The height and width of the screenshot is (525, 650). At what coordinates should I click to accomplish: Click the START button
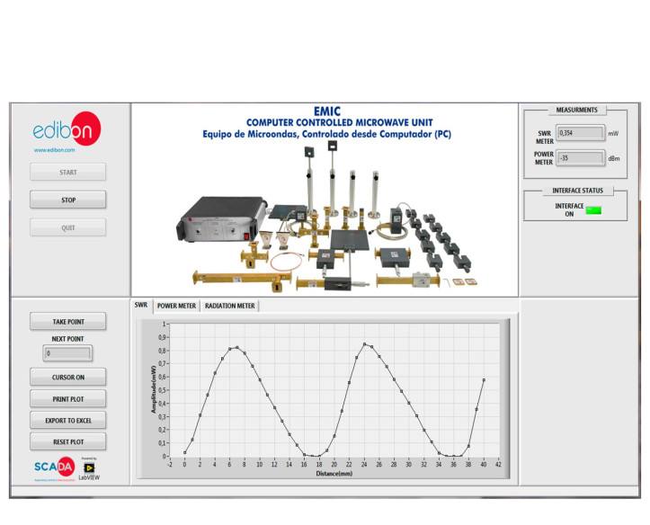coord(68,172)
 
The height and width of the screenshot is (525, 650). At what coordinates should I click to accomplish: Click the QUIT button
coord(68,227)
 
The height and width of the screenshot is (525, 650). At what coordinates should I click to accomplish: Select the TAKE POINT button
coord(68,321)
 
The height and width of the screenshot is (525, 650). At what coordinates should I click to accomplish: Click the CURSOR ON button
coord(68,377)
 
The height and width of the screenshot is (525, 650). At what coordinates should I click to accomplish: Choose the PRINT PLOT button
coord(68,398)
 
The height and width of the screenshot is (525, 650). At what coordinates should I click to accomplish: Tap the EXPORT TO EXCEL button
coord(68,420)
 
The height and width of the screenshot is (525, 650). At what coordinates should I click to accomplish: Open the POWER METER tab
coord(176,306)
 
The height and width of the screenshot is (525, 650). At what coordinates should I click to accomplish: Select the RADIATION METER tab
coord(230,306)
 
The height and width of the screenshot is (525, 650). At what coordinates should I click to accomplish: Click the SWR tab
coord(141,305)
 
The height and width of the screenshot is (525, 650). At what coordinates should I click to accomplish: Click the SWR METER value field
coord(580,133)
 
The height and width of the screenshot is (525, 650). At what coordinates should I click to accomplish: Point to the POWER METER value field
coord(580,158)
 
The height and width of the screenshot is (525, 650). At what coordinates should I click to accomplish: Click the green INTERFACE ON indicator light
coord(593,210)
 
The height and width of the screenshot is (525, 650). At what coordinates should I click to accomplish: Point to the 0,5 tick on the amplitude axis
coord(163,390)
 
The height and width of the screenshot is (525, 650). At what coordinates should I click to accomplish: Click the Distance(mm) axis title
coord(334,473)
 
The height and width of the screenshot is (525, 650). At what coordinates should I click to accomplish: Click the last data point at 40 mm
coord(484,380)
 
